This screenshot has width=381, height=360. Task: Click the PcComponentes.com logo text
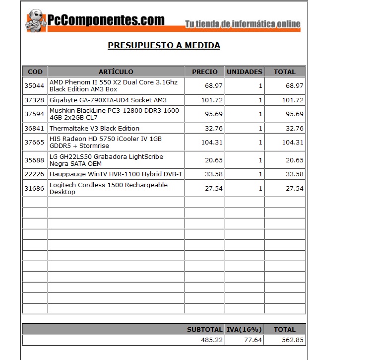[106, 20]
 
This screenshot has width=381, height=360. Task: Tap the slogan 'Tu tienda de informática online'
[243, 24]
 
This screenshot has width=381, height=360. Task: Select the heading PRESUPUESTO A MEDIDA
[164, 46]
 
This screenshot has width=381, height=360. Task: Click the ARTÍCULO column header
[116, 72]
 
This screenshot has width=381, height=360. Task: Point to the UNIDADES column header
[244, 72]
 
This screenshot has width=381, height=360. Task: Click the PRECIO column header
[204, 72]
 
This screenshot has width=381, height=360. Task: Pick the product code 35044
[34, 86]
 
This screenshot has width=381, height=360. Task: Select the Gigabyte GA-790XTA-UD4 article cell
[108, 100]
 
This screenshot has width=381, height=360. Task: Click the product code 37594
[34, 114]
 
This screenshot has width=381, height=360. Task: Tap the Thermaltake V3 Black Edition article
[94, 128]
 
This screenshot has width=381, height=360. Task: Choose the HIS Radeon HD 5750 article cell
[106, 143]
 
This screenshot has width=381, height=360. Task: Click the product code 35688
[34, 160]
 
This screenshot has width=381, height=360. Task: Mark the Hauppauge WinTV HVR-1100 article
[116, 174]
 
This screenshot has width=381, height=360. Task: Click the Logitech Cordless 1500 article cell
[108, 188]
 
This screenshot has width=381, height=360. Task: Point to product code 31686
[34, 189]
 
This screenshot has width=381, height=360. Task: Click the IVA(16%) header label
[244, 329]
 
